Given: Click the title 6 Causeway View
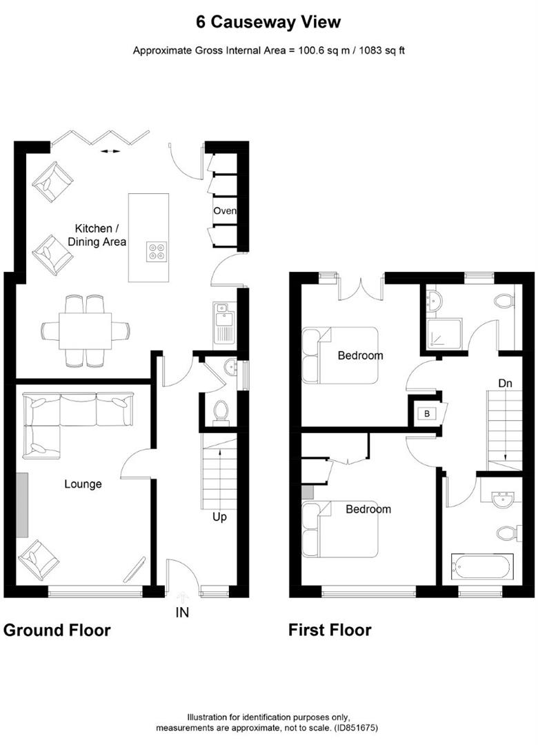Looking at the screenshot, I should pos(268,22).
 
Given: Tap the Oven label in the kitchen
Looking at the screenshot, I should pos(225,211).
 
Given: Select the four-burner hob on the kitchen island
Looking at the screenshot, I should pos(157,252).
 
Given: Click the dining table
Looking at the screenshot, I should pos(86,331).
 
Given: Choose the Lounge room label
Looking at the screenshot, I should pos(83,484).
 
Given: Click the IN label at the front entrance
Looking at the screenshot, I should pos(182,612).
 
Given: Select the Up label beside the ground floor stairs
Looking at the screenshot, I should pos(219,516).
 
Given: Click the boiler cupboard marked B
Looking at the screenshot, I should pos(426,414).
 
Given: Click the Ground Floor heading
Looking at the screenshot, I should pos(57,630).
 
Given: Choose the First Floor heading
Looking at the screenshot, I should pos(330,630).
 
